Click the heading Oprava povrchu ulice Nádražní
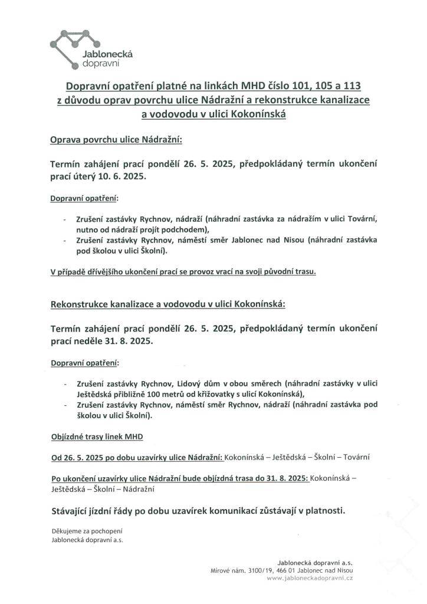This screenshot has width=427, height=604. [117, 140]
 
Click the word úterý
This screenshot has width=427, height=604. [86, 176]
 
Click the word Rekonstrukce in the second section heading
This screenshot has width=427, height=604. [78, 304]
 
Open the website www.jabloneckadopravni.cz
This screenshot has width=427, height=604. [310, 579]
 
